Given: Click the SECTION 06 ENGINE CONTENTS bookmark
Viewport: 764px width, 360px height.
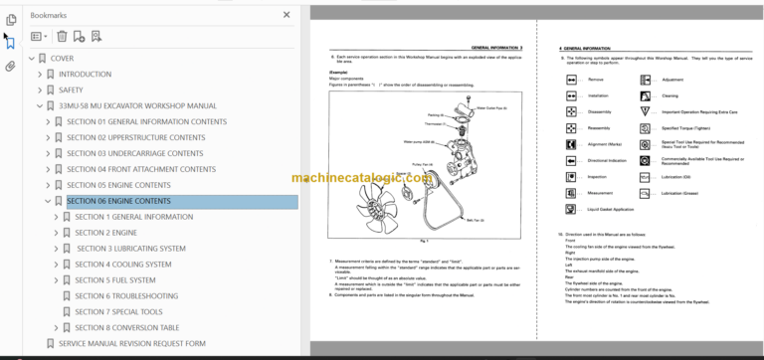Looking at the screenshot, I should (118, 201).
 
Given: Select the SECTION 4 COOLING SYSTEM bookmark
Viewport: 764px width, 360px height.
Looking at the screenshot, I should (123, 265).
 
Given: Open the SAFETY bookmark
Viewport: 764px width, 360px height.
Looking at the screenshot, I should (71, 90).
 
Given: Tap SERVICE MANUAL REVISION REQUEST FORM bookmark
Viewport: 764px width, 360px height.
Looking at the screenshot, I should (131, 344).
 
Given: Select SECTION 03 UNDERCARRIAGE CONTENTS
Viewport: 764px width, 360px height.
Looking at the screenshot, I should (134, 153).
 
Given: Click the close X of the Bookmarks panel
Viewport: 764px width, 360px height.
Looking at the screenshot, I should (287, 16).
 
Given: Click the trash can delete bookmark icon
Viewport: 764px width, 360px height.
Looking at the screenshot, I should (62, 37).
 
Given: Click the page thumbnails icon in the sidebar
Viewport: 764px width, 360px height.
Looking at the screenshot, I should (11, 17).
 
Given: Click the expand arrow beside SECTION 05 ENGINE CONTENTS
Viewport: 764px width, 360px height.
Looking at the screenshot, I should (47, 185).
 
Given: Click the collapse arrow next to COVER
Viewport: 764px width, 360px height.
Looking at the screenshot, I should (32, 58).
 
